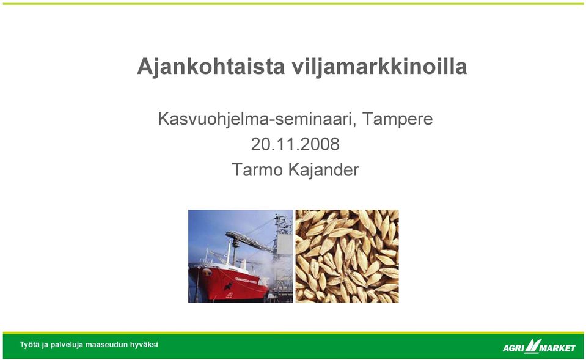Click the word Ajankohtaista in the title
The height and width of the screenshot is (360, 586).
click(x=211, y=67)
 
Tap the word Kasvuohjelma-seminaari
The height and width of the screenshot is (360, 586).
click(x=257, y=119)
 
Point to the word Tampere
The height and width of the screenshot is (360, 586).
click(x=398, y=119)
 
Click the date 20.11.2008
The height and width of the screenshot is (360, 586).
click(x=295, y=144)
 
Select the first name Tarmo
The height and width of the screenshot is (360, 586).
click(x=257, y=170)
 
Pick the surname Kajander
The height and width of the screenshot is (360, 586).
click(x=324, y=170)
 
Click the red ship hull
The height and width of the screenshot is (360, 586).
click(x=228, y=284)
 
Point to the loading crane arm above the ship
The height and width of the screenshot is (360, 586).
click(x=250, y=241)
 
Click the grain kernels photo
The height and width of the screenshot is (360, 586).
click(x=347, y=256)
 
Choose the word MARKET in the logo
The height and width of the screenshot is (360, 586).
click(x=557, y=348)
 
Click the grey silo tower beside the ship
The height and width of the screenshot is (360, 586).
click(x=284, y=243)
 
